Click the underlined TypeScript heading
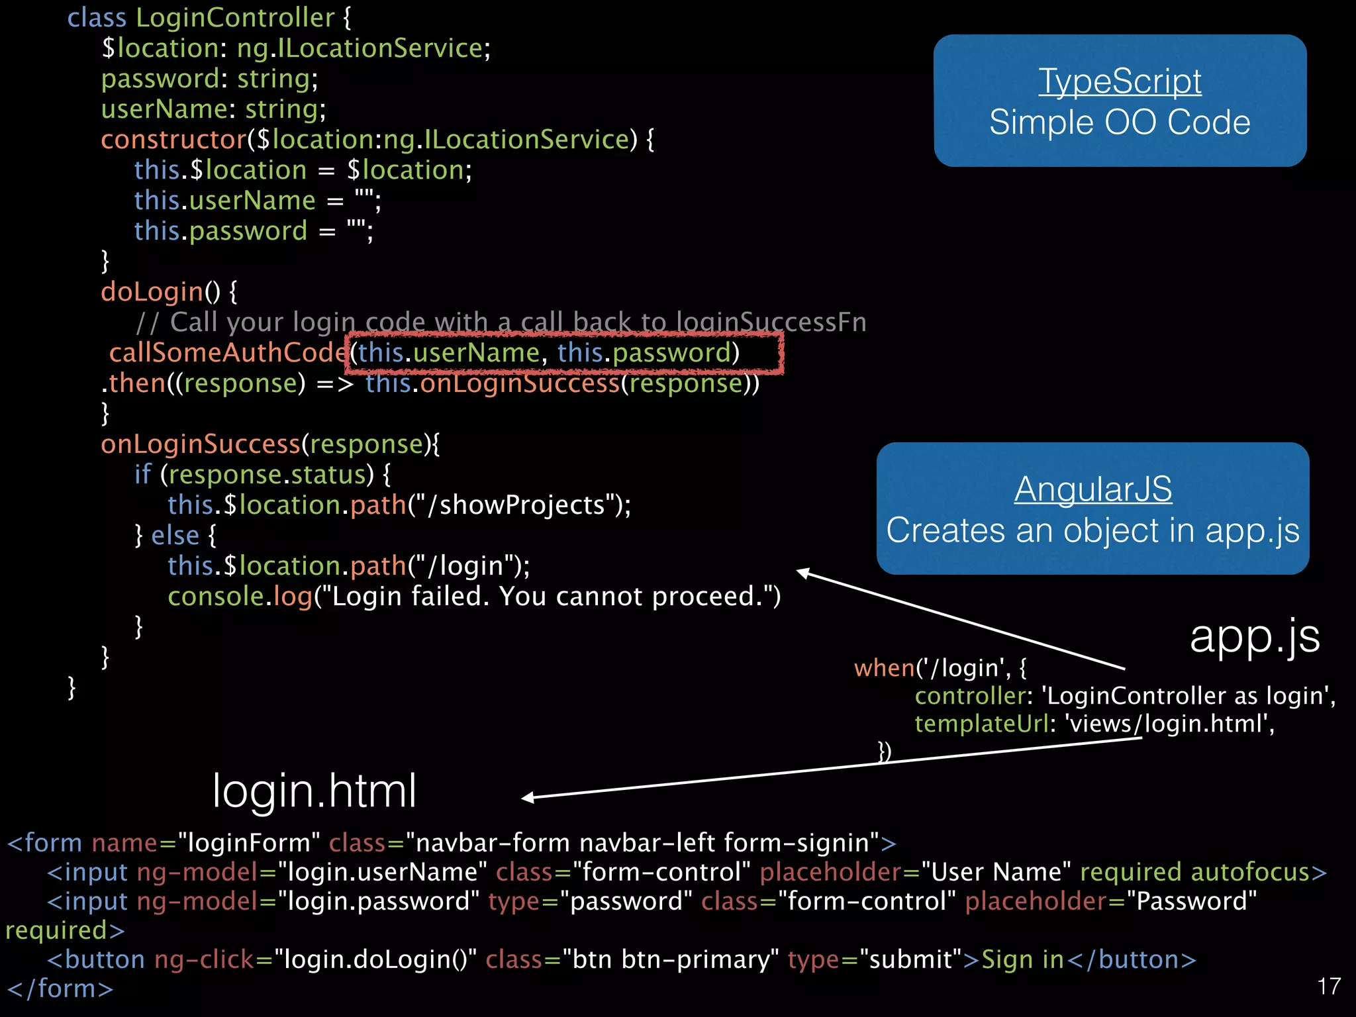pyautogui.click(x=1120, y=81)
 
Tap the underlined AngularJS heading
pyautogui.click(x=1092, y=489)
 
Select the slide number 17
pyautogui.click(x=1329, y=987)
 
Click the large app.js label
pyautogui.click(x=1255, y=636)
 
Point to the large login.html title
pyautogui.click(x=315, y=791)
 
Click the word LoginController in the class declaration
pyautogui.click(x=235, y=18)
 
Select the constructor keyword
pyautogui.click(x=173, y=140)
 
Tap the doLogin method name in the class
pyautogui.click(x=152, y=292)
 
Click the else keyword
pyautogui.click(x=175, y=536)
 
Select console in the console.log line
pyautogui.click(x=216, y=597)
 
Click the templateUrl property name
pyautogui.click(x=982, y=724)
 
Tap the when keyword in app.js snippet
pyautogui.click(x=884, y=668)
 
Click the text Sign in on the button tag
pyautogui.click(x=1022, y=959)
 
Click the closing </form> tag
pyautogui.click(x=60, y=989)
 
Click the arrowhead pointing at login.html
pyautogui.click(x=527, y=798)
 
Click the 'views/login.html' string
pyautogui.click(x=1169, y=724)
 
